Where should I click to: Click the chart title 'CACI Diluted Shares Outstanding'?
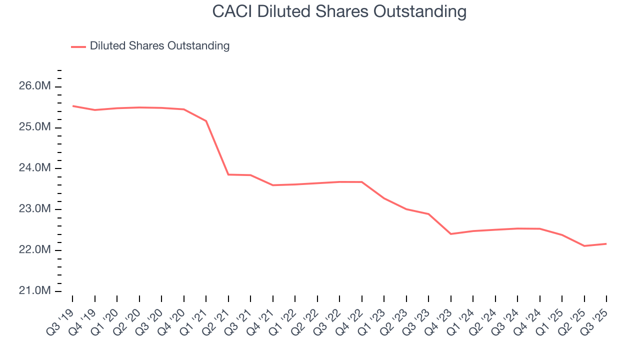[x=339, y=11]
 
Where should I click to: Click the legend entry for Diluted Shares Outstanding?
[x=159, y=46]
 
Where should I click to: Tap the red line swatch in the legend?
[x=78, y=46]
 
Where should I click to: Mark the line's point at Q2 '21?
[x=228, y=174]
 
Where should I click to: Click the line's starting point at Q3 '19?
[x=72, y=106]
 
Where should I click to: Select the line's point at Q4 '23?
[x=450, y=234]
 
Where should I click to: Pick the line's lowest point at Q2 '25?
[x=584, y=246]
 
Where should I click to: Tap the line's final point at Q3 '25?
[x=606, y=243]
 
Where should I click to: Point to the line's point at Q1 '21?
[x=206, y=121]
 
